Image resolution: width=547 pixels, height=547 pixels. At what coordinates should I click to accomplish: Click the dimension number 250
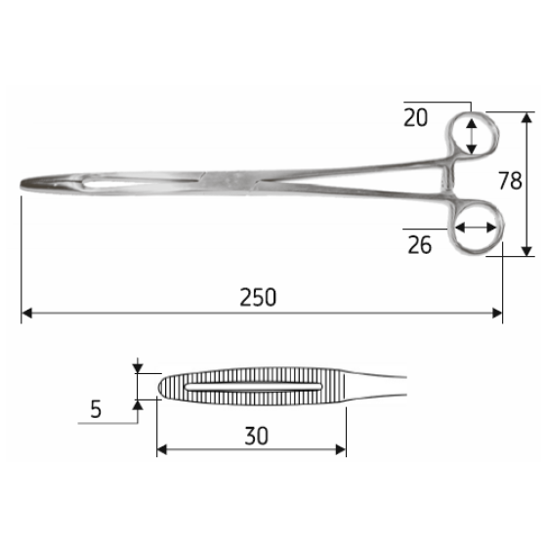[x=259, y=297]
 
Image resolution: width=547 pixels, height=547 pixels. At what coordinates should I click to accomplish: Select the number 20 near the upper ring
[x=415, y=117]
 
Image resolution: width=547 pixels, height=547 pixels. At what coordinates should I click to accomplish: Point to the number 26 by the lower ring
[x=419, y=244]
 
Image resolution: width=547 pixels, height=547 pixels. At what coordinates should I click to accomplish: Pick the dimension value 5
[x=96, y=410]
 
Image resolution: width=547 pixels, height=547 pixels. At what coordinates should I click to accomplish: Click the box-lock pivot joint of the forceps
[x=231, y=179]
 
